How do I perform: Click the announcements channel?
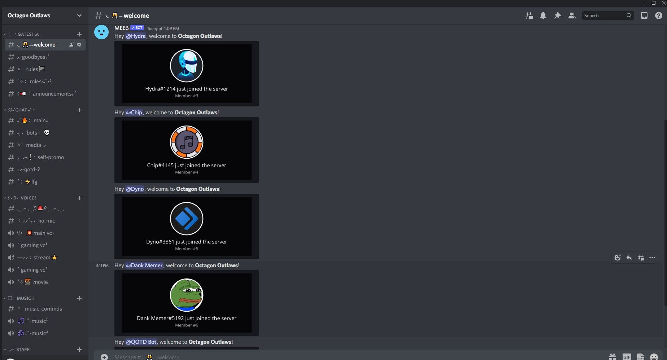click(52, 94)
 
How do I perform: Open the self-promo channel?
click(50, 157)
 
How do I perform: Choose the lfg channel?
click(34, 182)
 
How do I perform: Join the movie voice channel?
click(40, 282)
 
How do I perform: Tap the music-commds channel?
click(43, 309)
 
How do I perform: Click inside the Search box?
click(604, 16)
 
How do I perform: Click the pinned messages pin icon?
click(558, 16)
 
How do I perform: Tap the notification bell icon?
click(543, 16)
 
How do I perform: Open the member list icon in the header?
click(572, 16)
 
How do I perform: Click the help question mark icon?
click(658, 16)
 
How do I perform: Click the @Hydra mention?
click(136, 36)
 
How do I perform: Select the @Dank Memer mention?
click(144, 265)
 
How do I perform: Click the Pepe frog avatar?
click(187, 295)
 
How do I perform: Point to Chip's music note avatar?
click(187, 142)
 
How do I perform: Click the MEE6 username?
click(121, 28)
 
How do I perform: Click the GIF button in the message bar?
click(627, 357)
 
